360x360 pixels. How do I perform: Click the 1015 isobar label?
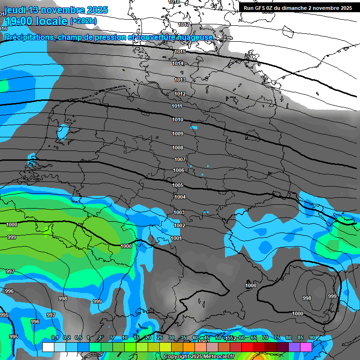tap(180, 52)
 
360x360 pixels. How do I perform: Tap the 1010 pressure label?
tap(177, 120)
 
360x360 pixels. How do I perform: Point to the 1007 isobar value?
tap(180, 159)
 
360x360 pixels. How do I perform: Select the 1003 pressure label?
tap(179, 212)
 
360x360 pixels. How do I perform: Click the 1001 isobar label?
tap(176, 238)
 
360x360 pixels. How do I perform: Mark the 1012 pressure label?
tap(180, 94)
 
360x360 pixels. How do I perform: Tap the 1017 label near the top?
tap(184, 24)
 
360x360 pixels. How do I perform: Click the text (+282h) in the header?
tap(83, 21)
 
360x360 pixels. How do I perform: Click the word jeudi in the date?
tap(15, 10)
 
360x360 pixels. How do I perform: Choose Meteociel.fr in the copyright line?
tap(216, 357)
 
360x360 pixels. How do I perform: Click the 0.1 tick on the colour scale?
tap(54, 338)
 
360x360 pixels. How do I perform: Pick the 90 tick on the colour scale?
tap(312, 338)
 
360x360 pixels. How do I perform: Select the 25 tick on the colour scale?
tap(160, 338)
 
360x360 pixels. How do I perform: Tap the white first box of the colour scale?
tap(48, 347)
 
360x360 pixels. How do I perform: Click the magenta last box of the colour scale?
tap(306, 347)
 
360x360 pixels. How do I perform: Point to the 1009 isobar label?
tap(177, 134)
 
